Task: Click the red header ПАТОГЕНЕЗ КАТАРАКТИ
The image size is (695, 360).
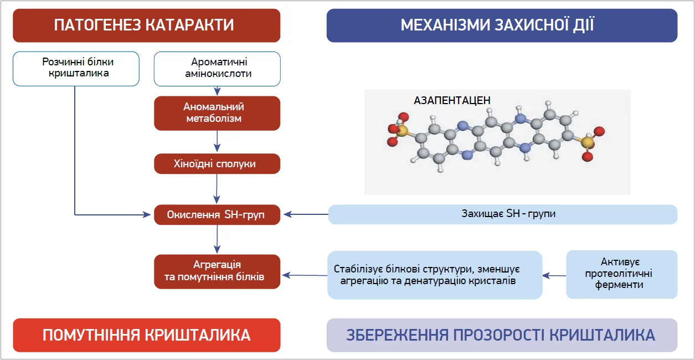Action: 146,25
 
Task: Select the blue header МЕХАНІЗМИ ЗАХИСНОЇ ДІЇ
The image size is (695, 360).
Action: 502,25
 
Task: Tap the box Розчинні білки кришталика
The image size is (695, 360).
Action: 76,69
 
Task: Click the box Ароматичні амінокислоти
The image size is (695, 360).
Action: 217,69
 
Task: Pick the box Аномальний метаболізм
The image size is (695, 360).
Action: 217,113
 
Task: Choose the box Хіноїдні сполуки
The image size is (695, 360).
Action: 217,164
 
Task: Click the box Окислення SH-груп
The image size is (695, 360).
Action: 217,214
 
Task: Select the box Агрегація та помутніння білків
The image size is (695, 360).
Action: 217,271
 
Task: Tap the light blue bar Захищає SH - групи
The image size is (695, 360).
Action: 502,214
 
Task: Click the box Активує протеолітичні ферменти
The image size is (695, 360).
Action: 621,274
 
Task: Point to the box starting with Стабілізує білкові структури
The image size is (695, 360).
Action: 435,275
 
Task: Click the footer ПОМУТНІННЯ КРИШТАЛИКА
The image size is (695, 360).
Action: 146,335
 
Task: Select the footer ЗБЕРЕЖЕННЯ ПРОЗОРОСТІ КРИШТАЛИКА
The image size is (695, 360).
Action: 502,335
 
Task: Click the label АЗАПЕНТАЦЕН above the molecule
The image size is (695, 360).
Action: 452,101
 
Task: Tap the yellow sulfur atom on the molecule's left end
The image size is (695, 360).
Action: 401,131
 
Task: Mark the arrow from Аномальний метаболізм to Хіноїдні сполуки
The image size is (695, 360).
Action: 217,142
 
